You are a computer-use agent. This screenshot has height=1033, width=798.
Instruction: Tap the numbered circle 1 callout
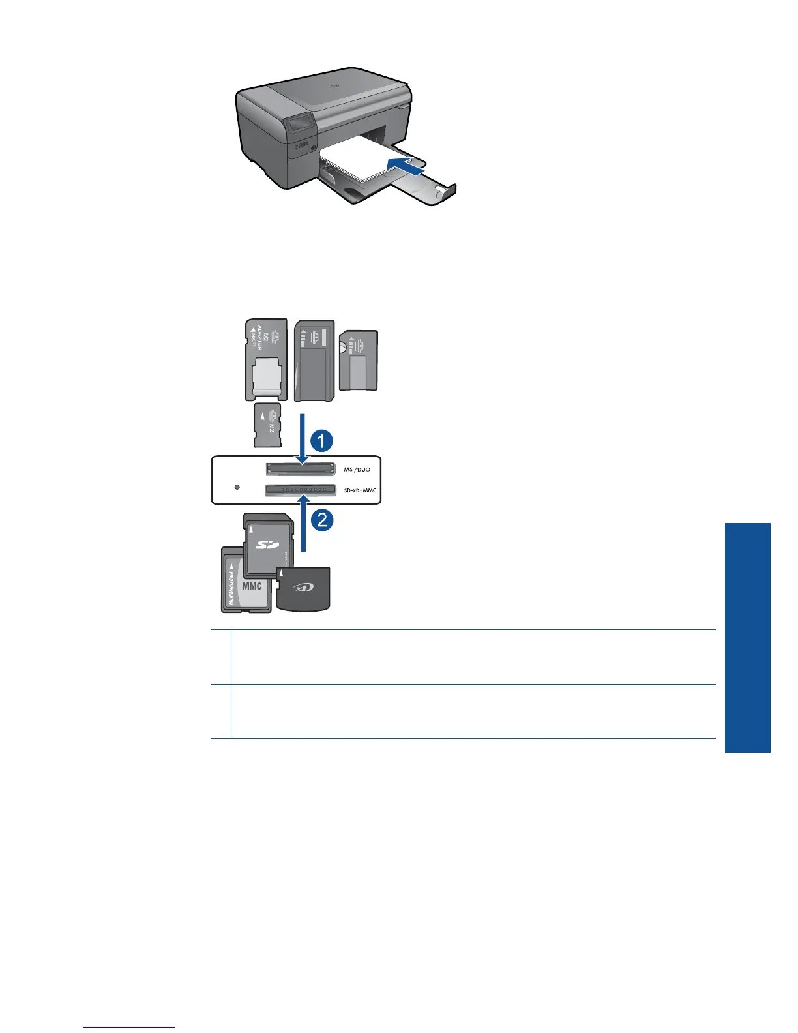tap(321, 441)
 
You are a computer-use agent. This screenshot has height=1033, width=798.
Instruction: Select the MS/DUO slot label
tap(357, 469)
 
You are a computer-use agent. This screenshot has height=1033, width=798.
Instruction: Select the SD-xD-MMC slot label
tap(360, 490)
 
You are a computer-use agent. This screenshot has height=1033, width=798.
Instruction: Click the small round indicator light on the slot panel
tap(237, 487)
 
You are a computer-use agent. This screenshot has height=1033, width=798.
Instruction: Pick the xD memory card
tap(303, 589)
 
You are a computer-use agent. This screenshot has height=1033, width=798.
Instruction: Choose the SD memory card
tap(268, 541)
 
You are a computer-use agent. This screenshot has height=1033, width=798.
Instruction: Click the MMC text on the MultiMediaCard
tap(252, 586)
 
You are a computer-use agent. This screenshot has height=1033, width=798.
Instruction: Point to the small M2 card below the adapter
tap(267, 425)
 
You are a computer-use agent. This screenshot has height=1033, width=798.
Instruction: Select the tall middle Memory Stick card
tap(314, 361)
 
